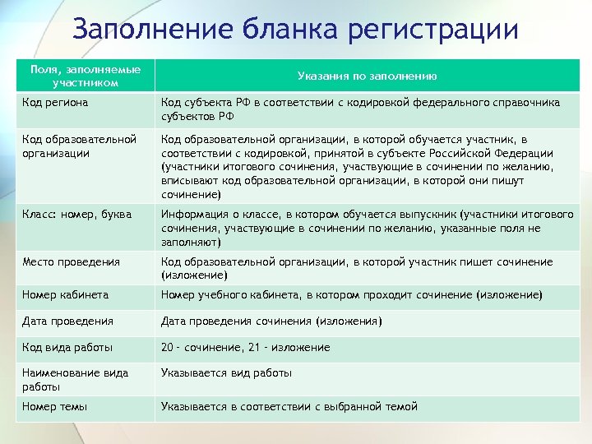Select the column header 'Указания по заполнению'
pos(367,76)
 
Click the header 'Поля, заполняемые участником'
pos(86,76)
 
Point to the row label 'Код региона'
pos(56,103)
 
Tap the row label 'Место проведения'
pos(72,261)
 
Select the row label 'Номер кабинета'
pos(66,294)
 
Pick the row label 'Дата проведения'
pos(68,321)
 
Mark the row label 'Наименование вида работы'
pos(76,379)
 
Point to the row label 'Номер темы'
pos(55,406)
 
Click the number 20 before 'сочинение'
pos(168,347)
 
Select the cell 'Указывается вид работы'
pos(227,372)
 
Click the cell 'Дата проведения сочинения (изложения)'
pos(271,321)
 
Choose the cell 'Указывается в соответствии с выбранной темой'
pos(289,406)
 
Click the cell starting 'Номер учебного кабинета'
pos(352,294)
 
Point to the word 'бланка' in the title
pos(277,30)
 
